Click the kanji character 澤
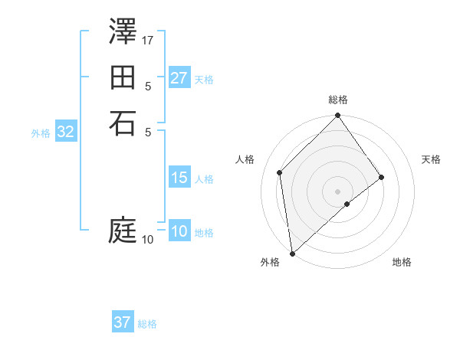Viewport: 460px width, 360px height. (123, 33)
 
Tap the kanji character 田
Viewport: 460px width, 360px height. (123, 77)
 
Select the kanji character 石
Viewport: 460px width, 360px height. (123, 123)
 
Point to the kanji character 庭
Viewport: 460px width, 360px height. (123, 231)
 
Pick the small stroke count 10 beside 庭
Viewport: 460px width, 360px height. (147, 240)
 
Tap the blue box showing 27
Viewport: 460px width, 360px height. (179, 78)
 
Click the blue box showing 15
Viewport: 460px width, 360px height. (179, 178)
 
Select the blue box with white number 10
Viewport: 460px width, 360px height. (179, 232)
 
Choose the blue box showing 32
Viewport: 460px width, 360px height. (66, 132)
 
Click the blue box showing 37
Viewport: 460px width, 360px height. (123, 322)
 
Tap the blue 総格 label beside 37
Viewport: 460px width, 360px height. (147, 324)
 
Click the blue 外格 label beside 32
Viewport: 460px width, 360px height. (41, 133)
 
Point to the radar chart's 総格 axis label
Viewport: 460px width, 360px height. (338, 100)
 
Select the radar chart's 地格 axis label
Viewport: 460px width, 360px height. (402, 262)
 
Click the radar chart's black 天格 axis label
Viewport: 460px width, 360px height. (431, 159)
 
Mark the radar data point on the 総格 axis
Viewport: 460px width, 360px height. (338, 116)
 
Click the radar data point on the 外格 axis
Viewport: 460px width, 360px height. (292, 254)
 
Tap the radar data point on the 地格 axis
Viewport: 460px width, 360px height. (347, 204)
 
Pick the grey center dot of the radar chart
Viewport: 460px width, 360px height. (338, 191)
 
